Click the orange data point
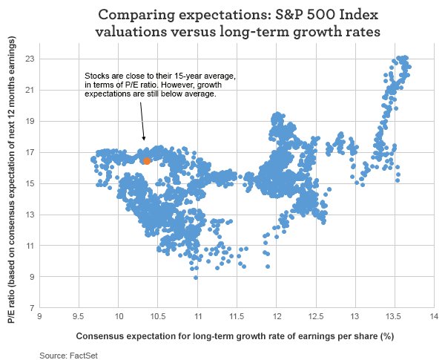point(147,160)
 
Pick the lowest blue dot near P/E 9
point(196,277)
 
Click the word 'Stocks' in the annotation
point(97,77)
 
